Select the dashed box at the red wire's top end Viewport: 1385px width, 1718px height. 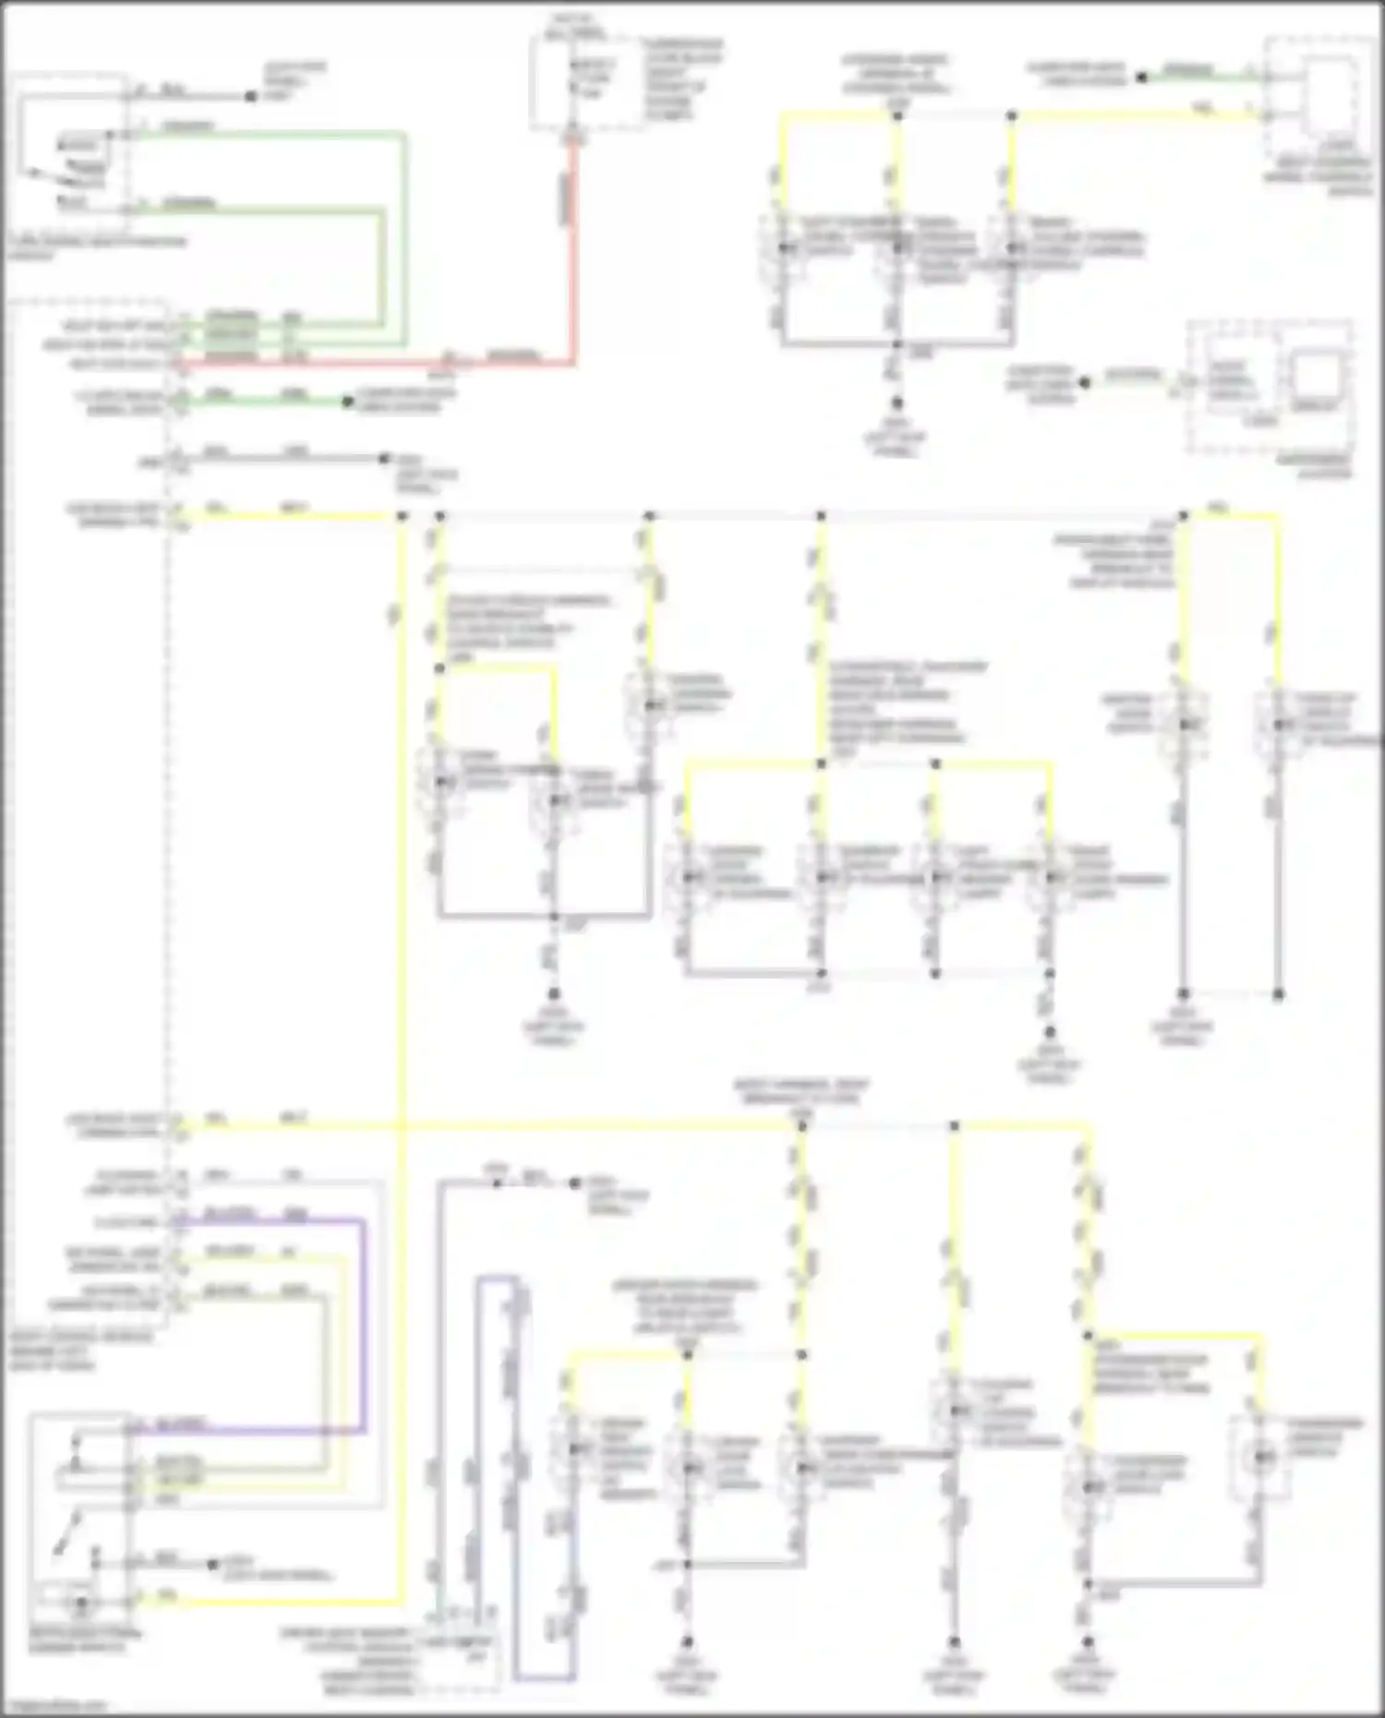[587, 83]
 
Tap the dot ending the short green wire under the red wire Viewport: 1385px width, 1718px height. [348, 402]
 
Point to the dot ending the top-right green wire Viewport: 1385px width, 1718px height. [1141, 78]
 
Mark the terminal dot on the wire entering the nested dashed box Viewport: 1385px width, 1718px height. [1086, 381]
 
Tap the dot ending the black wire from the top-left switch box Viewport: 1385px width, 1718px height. [250, 96]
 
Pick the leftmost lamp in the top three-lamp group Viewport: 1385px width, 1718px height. [784, 247]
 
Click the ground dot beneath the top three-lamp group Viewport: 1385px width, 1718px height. [897, 402]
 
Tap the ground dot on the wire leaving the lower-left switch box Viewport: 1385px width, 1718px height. [213, 1564]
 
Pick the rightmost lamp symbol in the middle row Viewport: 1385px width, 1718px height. [1279, 724]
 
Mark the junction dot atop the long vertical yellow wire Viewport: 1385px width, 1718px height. [402, 515]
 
